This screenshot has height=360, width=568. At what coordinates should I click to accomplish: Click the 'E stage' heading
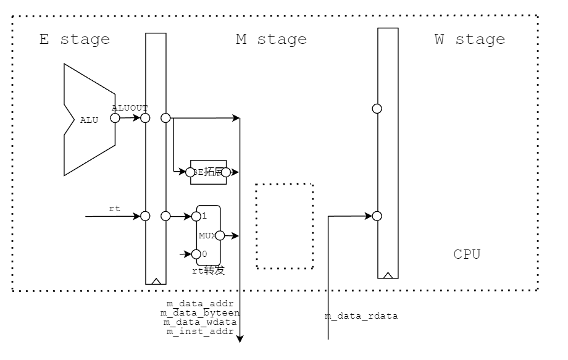75,40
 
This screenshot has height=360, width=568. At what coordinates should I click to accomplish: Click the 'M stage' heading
271,40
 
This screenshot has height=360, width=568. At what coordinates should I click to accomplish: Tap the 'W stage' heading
469,40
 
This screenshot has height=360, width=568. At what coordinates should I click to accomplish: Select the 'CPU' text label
467,254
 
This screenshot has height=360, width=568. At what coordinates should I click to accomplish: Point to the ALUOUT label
130,107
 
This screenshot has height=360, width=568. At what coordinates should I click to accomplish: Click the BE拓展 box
208,172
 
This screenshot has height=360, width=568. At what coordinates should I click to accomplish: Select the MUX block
208,235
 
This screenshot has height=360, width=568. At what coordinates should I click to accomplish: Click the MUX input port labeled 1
196,216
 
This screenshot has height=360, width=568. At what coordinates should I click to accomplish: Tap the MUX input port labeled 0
196,254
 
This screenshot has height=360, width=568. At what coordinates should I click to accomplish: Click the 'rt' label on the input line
114,209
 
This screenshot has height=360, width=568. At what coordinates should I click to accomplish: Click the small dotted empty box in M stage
285,226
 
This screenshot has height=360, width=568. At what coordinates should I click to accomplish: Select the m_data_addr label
199,304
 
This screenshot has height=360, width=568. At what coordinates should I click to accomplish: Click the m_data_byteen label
199,313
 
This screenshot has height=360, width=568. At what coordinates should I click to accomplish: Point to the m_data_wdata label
199,322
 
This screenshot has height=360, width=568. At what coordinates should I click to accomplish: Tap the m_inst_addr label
199,332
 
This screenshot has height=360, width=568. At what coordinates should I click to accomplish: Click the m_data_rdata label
361,316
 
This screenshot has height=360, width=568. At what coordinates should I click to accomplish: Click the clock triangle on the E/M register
156,281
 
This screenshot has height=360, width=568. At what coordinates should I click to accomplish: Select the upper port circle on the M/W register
377,109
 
